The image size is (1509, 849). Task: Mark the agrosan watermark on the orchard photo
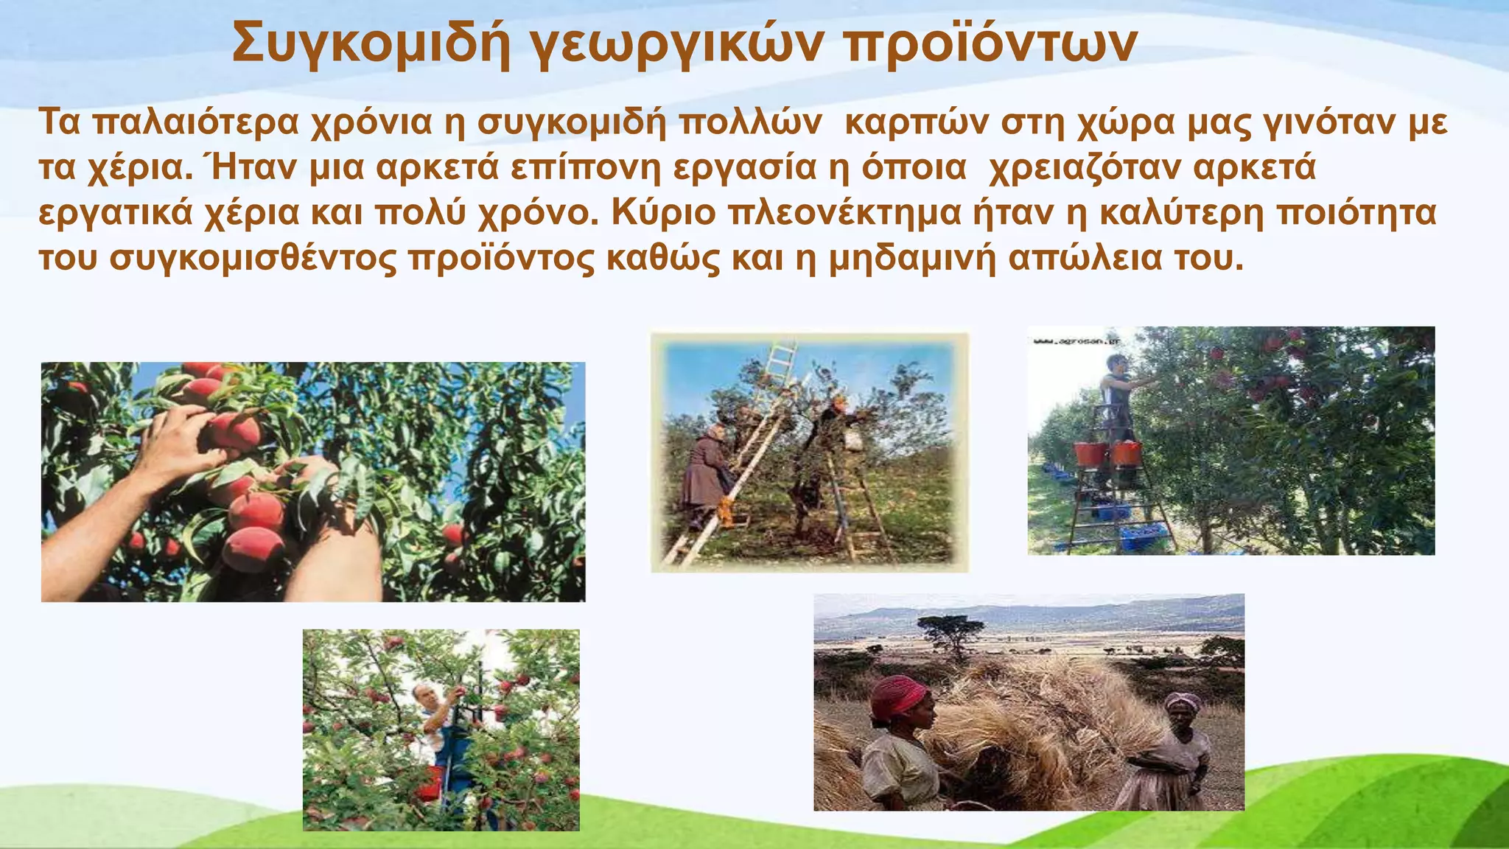coord(1076,341)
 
